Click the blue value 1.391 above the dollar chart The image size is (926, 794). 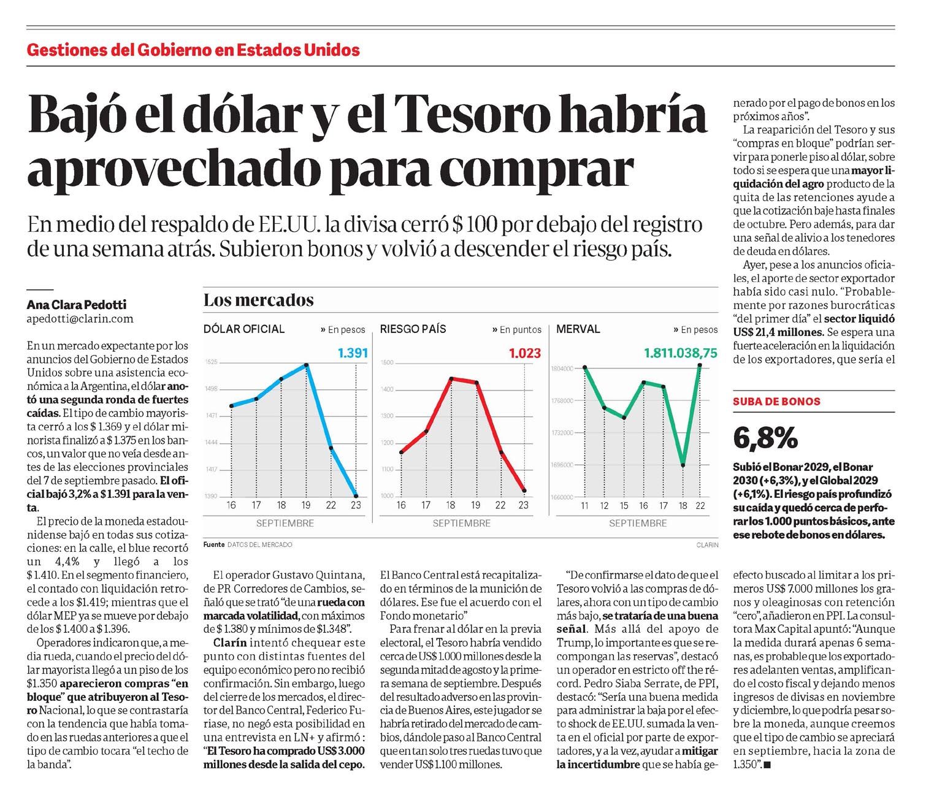pos(353,353)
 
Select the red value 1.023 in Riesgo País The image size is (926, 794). pos(525,353)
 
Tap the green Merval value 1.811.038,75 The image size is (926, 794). pos(680,353)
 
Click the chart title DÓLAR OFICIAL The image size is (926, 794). pos(244,329)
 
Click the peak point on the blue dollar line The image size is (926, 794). pos(306,365)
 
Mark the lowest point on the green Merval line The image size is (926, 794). pos(683,464)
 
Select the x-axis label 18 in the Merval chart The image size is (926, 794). pos(683,506)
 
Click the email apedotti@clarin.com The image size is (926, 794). pos(80,319)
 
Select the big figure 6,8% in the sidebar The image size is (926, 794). pos(766,438)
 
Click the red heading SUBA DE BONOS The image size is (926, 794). pos(776,402)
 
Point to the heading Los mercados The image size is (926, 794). pos(258,300)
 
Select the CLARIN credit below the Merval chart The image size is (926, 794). pos(707,544)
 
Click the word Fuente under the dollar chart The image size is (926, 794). pos(214,544)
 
